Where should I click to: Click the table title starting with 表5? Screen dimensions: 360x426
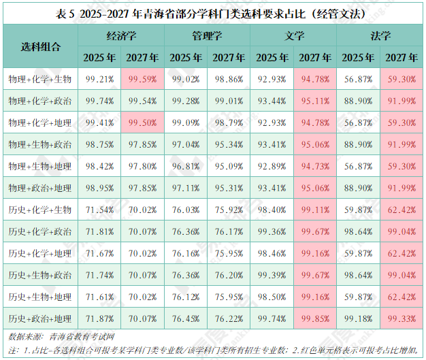[213, 13]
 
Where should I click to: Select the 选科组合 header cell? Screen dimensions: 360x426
[39, 46]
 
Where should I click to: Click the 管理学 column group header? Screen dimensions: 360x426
[207, 35]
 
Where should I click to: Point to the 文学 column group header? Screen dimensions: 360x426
[293, 35]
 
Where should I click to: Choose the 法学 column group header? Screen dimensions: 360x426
[380, 35]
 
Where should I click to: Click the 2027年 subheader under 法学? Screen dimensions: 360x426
[401, 58]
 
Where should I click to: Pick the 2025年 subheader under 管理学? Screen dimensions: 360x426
[185, 58]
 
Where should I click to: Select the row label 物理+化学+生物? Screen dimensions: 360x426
[39, 80]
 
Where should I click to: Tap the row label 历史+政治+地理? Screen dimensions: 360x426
[39, 318]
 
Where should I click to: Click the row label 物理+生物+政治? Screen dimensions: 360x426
[39, 144]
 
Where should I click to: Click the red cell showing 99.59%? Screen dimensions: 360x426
[142, 80]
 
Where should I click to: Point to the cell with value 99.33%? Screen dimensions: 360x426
[401, 318]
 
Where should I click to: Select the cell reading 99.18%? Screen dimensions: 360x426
[358, 318]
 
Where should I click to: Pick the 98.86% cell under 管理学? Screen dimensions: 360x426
[229, 80]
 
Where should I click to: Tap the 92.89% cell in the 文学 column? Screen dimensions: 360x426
[272, 166]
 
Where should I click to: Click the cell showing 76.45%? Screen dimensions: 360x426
[185, 318]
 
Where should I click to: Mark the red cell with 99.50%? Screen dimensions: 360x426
[142, 123]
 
